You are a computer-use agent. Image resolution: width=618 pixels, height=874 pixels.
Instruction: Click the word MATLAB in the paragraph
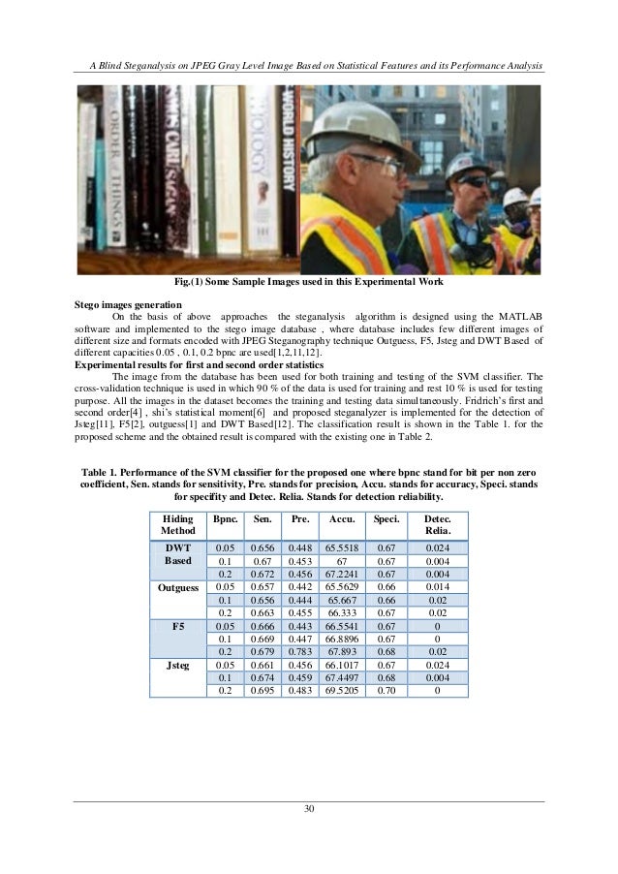[x=519, y=315]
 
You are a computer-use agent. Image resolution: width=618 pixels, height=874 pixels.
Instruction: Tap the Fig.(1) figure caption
[x=308, y=281]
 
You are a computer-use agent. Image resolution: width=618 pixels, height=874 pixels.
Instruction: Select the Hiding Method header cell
[x=177, y=526]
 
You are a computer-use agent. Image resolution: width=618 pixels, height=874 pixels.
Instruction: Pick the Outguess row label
[x=177, y=587]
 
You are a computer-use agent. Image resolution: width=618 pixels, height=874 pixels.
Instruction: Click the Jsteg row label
[x=177, y=666]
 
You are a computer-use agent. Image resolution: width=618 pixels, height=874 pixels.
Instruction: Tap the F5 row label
[x=177, y=627]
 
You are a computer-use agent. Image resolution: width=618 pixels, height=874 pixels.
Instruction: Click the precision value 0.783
[x=300, y=652]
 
